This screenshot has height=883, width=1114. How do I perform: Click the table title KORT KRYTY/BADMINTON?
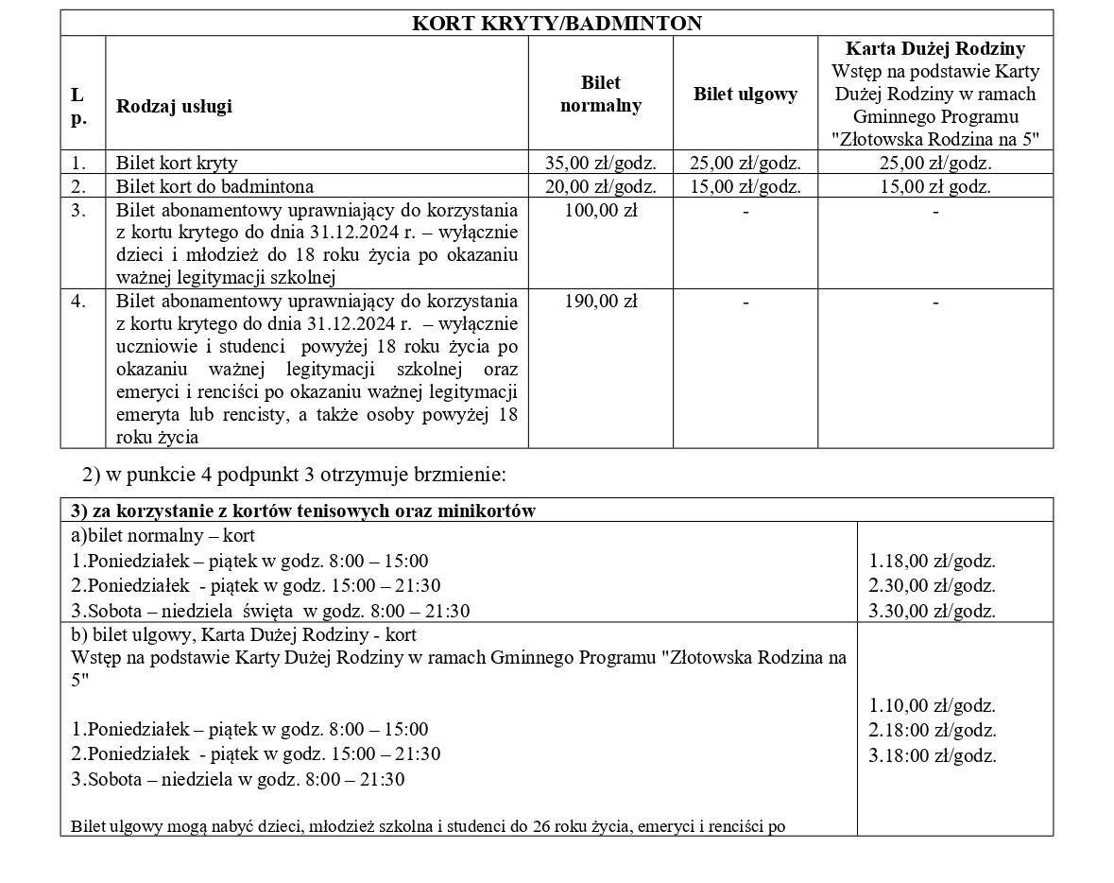[x=557, y=23]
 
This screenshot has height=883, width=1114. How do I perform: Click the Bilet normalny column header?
[x=600, y=94]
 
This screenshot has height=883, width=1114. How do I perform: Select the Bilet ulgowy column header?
[x=745, y=94]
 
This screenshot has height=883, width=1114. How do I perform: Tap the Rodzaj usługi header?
[x=174, y=106]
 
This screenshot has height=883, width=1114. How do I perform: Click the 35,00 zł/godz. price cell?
[x=600, y=163]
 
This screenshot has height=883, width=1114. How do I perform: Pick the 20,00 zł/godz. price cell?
[x=600, y=186]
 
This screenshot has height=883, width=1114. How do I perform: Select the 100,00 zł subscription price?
[x=600, y=210]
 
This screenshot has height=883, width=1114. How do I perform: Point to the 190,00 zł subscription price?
[x=600, y=302]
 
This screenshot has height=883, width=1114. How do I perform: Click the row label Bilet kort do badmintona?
[x=214, y=186]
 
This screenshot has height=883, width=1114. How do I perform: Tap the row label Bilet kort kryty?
[x=177, y=163]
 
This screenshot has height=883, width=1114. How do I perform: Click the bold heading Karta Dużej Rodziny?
[x=934, y=48]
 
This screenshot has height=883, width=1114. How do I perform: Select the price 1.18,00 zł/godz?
[x=932, y=561]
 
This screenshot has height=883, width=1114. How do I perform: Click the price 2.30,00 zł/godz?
[x=932, y=585]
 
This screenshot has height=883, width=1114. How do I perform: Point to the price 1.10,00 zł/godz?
[x=932, y=705]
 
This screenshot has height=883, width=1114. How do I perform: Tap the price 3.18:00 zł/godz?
[x=932, y=755]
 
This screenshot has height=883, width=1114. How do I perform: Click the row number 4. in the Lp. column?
[x=79, y=302]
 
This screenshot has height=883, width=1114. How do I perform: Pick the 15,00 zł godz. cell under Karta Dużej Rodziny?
[x=934, y=186]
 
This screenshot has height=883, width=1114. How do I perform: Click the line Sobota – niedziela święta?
[x=270, y=611]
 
